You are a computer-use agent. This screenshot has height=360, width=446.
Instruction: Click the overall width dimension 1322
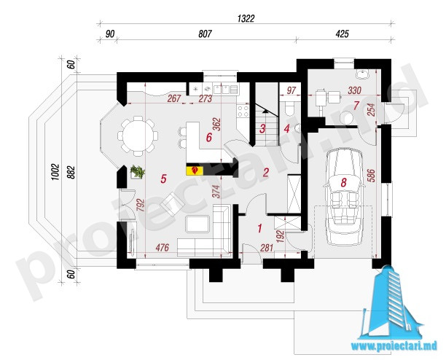[246, 19]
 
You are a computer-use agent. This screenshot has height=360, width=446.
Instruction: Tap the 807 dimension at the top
[205, 34]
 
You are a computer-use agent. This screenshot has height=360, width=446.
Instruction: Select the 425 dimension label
[342, 34]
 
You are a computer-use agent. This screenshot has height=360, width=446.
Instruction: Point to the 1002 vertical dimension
[55, 172]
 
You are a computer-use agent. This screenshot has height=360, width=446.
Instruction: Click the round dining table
[138, 136]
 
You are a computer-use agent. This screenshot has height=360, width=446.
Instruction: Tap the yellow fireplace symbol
[195, 171]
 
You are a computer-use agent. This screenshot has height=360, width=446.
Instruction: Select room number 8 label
[343, 183]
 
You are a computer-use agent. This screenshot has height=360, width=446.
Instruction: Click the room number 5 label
[163, 179]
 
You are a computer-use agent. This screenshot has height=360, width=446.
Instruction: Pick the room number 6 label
[209, 138]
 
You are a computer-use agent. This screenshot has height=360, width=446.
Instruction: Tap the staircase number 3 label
[262, 128]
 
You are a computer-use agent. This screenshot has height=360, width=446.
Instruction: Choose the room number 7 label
[356, 106]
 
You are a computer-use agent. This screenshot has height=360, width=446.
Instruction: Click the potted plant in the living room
[138, 172]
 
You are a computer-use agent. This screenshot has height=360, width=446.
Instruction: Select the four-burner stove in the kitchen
[243, 111]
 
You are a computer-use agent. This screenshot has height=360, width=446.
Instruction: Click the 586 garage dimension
[371, 176]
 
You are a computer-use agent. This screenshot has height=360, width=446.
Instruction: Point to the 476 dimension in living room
[163, 248]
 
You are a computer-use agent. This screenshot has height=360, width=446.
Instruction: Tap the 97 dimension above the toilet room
[291, 90]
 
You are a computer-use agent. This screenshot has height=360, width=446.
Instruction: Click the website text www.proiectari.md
[394, 346]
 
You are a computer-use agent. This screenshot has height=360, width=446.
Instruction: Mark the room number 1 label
[259, 228]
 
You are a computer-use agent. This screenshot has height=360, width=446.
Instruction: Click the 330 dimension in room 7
[354, 90]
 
